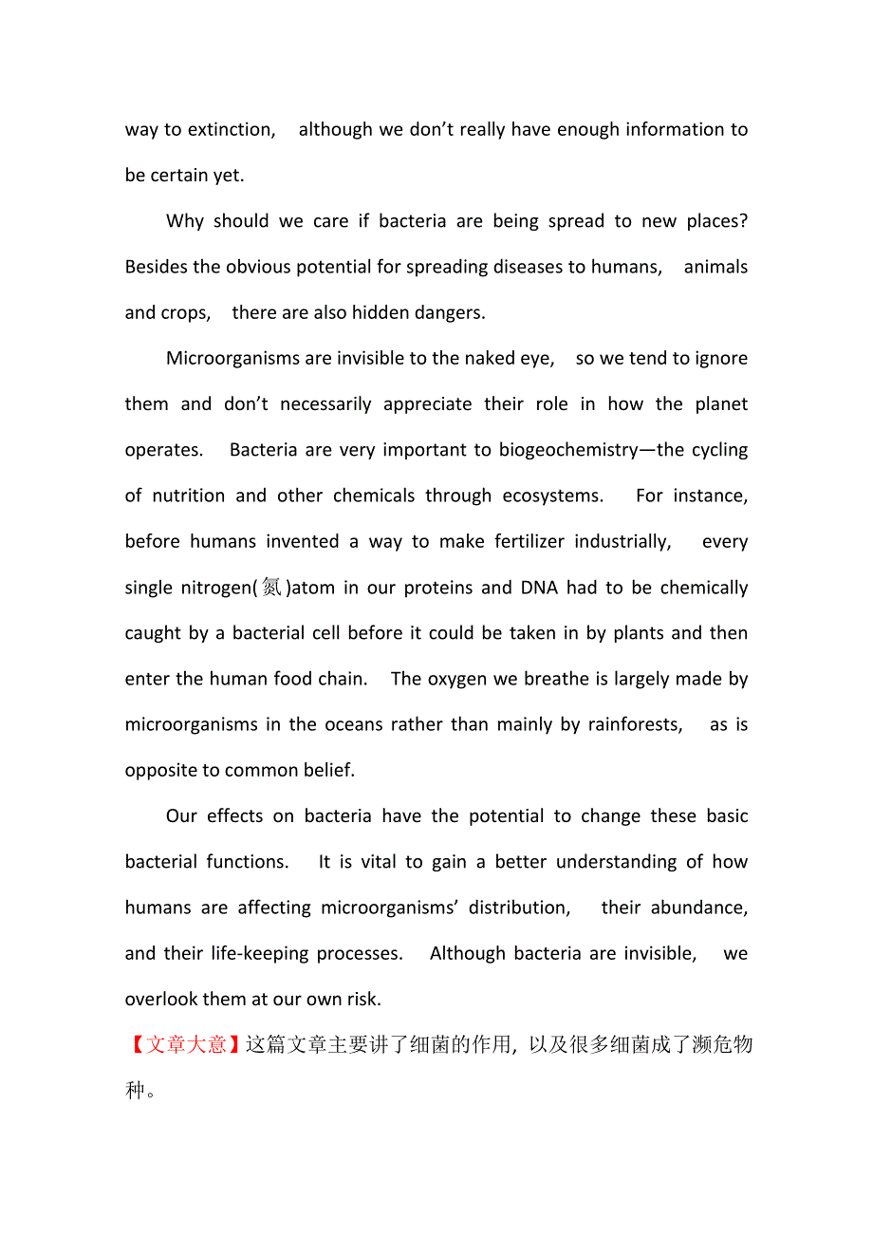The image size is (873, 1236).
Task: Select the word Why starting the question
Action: click(x=185, y=221)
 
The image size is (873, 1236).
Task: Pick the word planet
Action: click(x=721, y=403)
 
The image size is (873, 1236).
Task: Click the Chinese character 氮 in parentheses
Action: click(x=272, y=588)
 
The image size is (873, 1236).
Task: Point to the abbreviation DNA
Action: click(x=539, y=588)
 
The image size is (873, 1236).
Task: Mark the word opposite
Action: click(x=161, y=770)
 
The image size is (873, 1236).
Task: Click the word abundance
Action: click(x=699, y=908)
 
